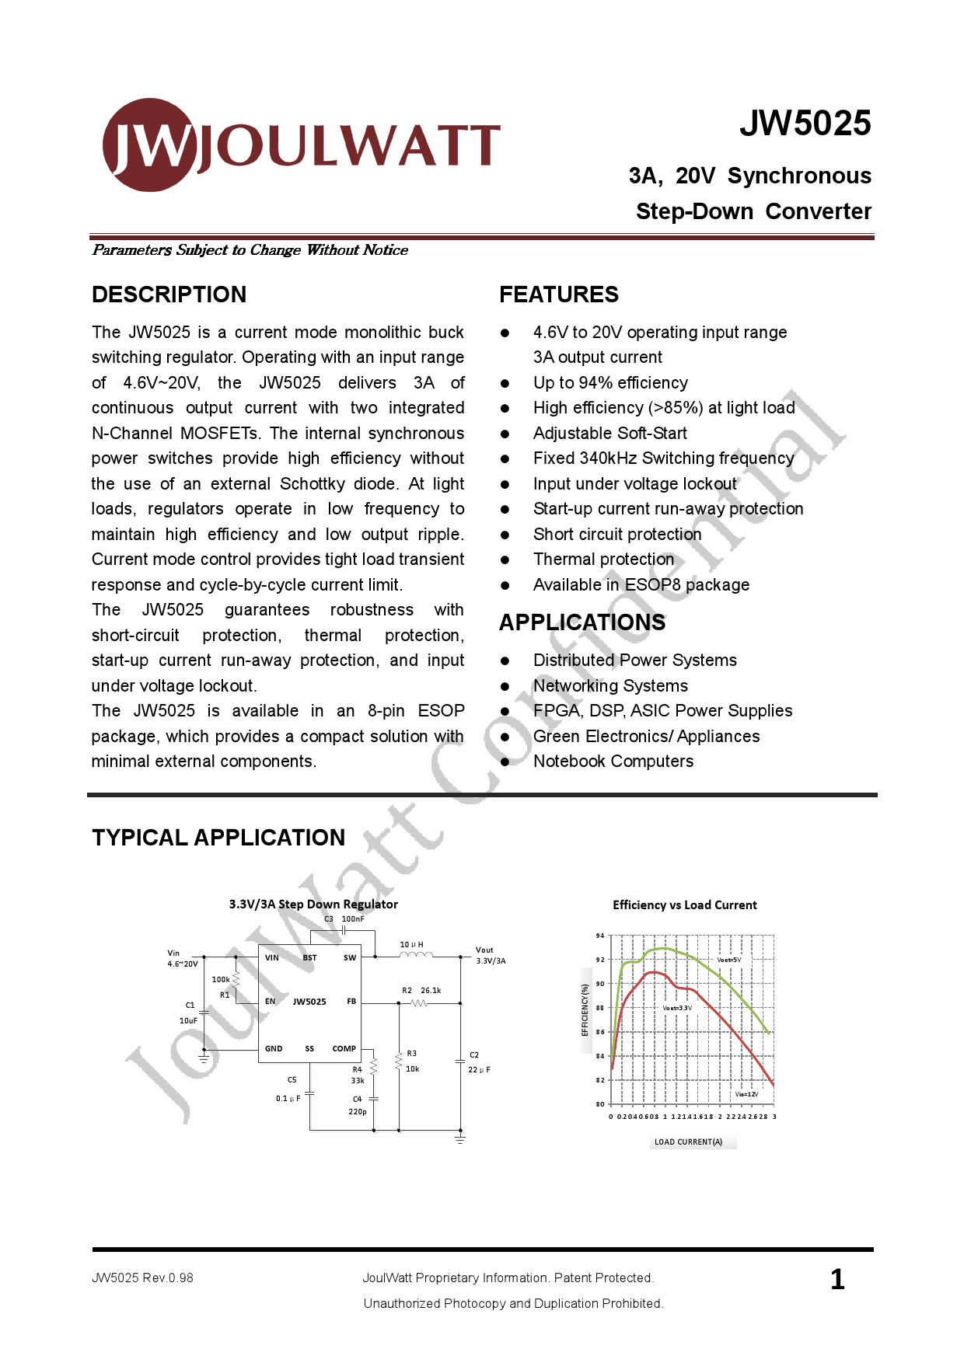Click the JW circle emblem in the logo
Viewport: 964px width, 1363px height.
149,145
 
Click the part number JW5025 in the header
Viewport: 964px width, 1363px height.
805,124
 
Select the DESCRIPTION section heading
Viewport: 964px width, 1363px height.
169,295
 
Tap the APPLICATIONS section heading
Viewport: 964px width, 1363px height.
582,622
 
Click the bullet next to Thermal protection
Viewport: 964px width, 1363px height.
505,560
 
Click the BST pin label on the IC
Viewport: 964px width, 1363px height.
309,958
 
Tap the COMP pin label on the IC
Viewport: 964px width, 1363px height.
344,1049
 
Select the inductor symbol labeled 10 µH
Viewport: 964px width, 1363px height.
416,955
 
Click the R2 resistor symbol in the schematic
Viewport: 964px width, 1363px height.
419,1003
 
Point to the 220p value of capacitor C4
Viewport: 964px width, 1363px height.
358,1112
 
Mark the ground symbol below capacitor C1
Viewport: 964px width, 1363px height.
204,1058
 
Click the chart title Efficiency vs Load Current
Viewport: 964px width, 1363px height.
684,905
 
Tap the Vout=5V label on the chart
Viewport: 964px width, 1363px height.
728,960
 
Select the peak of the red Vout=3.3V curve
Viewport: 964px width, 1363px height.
655,972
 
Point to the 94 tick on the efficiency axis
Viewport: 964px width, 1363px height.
600,936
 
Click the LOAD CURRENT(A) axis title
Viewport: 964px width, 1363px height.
688,1142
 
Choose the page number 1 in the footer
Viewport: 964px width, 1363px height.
837,1280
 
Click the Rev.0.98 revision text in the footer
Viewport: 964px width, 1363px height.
167,1278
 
